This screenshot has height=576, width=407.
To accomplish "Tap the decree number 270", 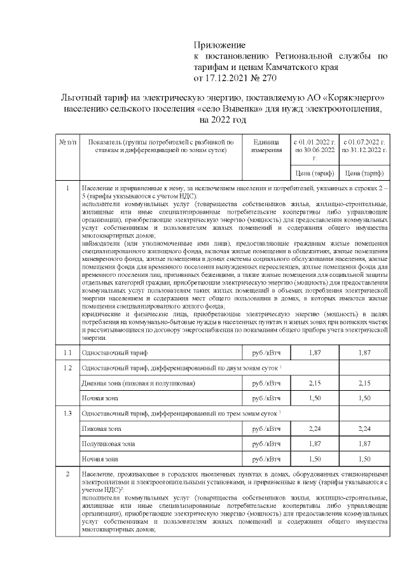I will click(x=268, y=78).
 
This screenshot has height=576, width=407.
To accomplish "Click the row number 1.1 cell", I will click(x=67, y=352).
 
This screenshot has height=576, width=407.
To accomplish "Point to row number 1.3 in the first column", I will click(x=67, y=414).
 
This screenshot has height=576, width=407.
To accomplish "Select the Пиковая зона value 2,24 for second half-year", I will click(x=364, y=430).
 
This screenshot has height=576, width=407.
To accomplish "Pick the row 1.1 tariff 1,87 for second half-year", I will click(x=364, y=352).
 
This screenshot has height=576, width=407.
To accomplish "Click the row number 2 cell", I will click(x=67, y=475).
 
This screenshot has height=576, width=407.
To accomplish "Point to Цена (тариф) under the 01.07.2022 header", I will click(x=364, y=172).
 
